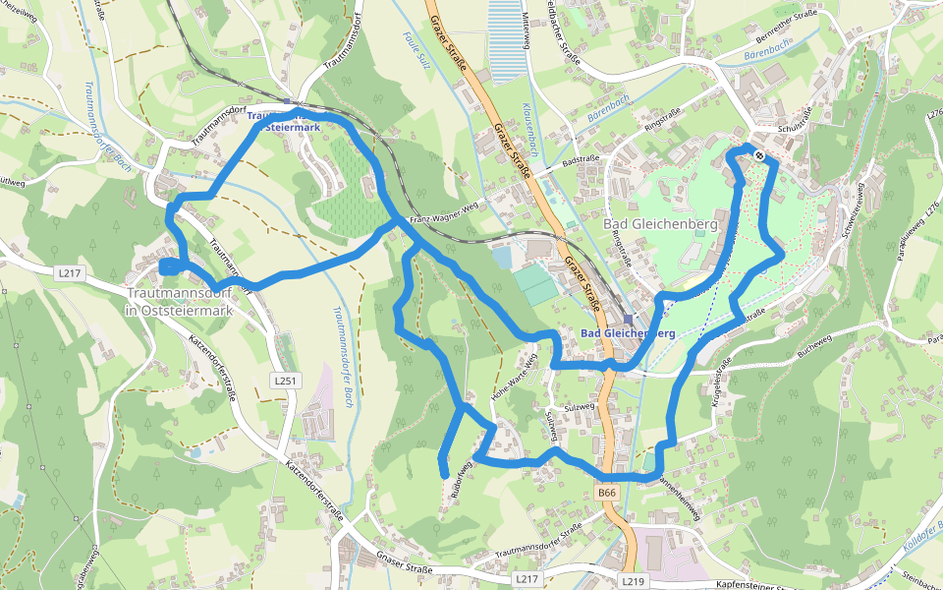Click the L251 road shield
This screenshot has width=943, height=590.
285,380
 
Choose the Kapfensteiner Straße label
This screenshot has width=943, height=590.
732,585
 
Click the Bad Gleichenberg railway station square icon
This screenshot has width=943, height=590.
628,319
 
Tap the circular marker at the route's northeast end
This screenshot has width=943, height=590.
759,154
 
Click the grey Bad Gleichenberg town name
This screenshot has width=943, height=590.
660,224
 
